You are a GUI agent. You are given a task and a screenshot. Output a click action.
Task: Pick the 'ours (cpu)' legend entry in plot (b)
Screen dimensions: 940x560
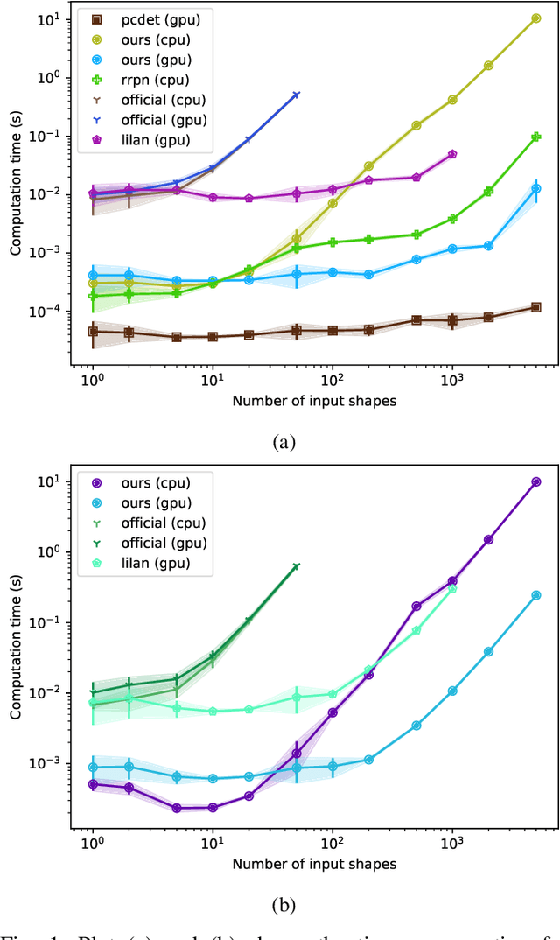pyautogui.click(x=153, y=482)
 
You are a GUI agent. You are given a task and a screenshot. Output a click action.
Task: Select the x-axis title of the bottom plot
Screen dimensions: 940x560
pyautogui.click(x=314, y=864)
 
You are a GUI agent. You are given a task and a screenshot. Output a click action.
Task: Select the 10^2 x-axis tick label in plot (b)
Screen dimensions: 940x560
pyautogui.click(x=332, y=844)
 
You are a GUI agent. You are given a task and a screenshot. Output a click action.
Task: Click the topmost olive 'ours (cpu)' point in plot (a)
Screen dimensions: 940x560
pyautogui.click(x=535, y=18)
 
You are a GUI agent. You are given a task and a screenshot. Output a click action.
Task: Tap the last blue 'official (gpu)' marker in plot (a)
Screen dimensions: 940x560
pyautogui.click(x=296, y=95)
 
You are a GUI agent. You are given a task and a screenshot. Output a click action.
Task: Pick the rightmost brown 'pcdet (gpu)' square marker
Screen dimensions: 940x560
pyautogui.click(x=535, y=307)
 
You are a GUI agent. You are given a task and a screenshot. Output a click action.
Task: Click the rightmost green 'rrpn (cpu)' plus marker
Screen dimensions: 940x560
pyautogui.click(x=535, y=137)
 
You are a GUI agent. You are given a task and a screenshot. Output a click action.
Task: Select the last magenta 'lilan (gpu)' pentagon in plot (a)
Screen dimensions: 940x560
pyautogui.click(x=452, y=154)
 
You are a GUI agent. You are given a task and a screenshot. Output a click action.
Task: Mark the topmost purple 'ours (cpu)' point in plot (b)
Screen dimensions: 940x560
pyautogui.click(x=535, y=482)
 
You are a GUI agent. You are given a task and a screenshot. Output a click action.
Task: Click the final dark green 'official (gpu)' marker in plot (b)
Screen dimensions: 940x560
pyautogui.click(x=296, y=566)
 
